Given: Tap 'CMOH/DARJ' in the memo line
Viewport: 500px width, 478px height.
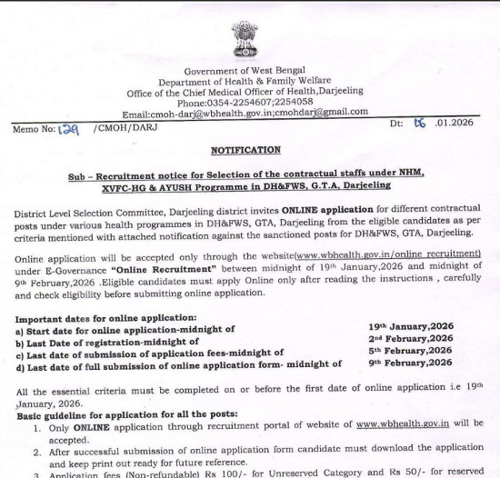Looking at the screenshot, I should coord(113,130).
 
